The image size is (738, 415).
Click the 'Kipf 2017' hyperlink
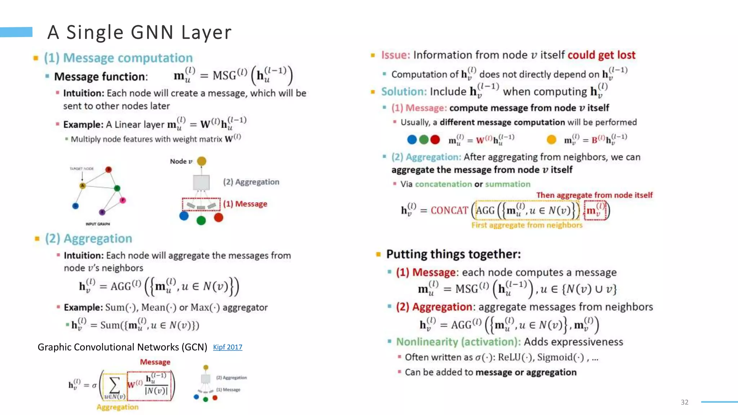(227, 347)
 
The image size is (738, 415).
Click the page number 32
(685, 402)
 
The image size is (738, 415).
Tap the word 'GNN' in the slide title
(152, 32)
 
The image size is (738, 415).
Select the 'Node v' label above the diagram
(181, 161)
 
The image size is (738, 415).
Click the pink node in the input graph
(123, 200)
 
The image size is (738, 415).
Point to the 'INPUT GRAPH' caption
(98, 224)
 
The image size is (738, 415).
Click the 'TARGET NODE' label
(82, 169)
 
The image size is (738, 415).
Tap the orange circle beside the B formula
(551, 139)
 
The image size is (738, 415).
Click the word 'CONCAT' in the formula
(449, 210)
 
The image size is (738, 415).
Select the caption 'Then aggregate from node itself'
(594, 195)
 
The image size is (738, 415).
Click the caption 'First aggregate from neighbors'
(527, 225)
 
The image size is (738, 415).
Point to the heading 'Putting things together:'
(453, 254)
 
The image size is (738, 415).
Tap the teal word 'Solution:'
(404, 92)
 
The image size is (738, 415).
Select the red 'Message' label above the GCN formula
(155, 362)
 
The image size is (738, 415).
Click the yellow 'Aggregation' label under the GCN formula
(117, 407)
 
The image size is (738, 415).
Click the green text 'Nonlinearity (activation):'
(458, 342)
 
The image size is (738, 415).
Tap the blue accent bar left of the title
(16, 32)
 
